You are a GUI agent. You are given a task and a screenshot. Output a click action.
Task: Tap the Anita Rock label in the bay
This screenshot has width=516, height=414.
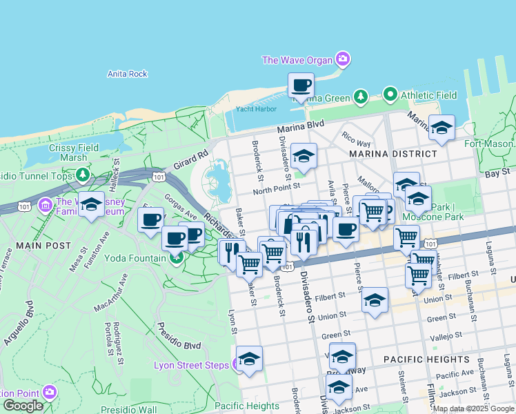[128, 74]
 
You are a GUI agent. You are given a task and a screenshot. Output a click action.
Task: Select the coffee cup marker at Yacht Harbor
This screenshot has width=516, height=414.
[301, 86]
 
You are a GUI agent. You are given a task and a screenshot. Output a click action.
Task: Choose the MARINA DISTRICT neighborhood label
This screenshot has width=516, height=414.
[393, 153]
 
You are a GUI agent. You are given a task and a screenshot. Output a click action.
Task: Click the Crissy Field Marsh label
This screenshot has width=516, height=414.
[73, 152]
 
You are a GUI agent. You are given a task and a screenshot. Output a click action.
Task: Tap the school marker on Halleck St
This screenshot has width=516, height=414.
[90, 204]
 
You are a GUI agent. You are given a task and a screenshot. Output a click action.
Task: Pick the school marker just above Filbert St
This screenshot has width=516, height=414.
[375, 301]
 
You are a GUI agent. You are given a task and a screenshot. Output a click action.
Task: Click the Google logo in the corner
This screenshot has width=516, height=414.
[23, 406]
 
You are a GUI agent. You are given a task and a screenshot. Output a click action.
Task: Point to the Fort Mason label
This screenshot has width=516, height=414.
[488, 144]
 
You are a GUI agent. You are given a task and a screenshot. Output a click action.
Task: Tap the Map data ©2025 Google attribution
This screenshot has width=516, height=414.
[473, 408]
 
